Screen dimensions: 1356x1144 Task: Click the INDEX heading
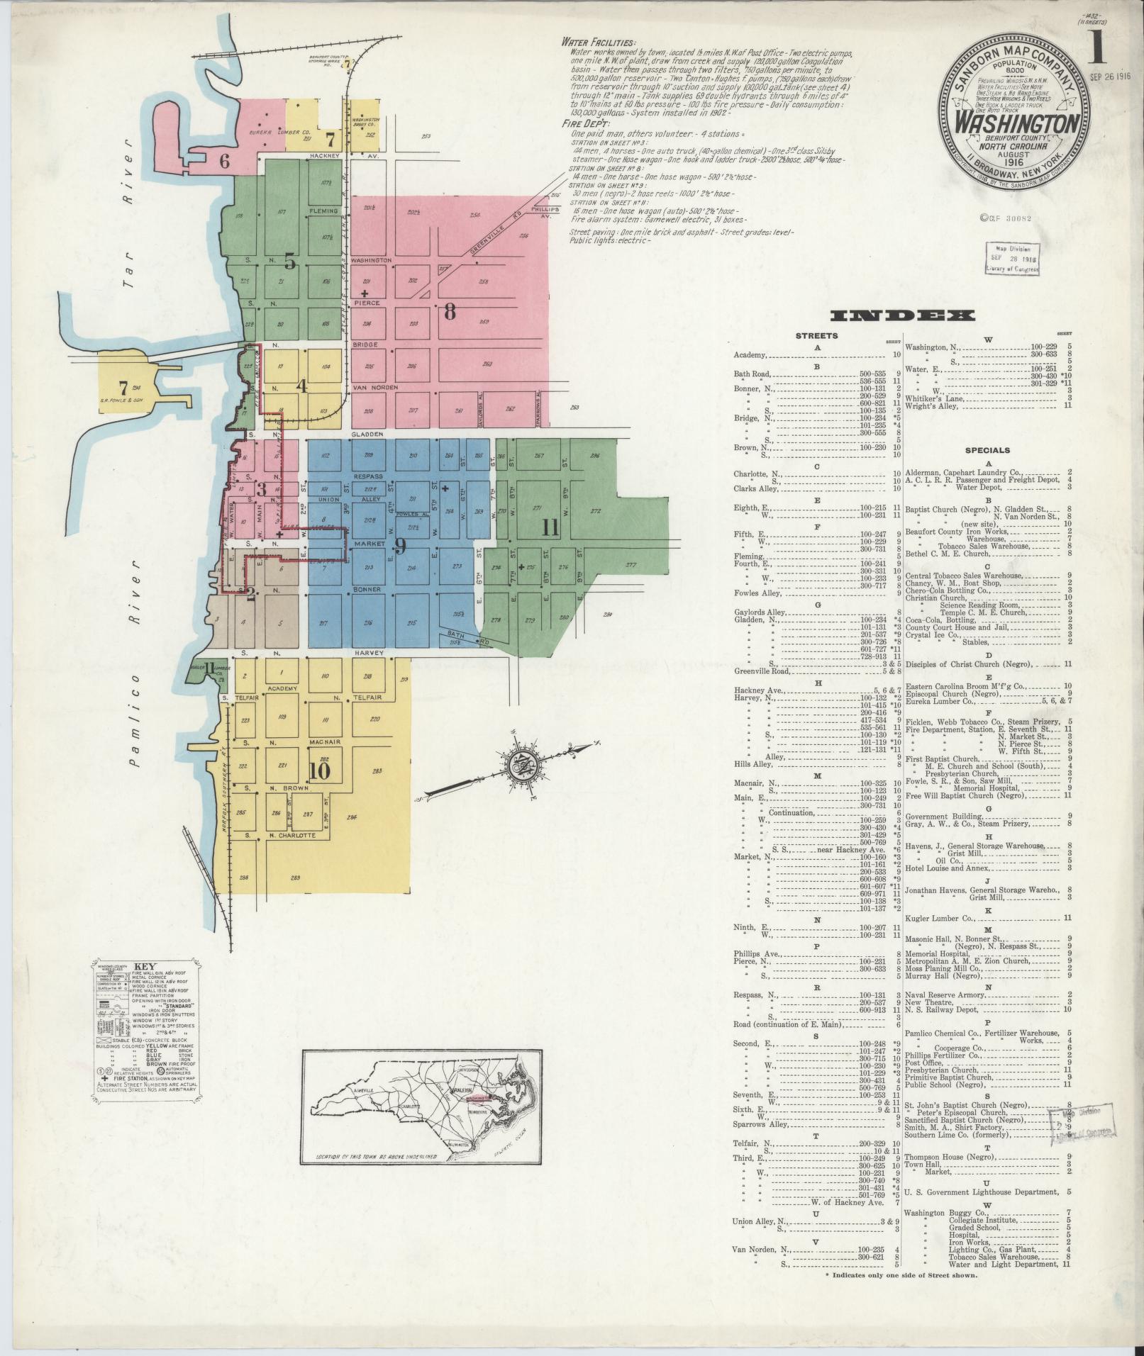point(904,315)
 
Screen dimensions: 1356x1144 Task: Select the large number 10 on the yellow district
point(320,771)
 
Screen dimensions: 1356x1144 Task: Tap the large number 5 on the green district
point(289,262)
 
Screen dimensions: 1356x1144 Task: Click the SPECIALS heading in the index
point(987,450)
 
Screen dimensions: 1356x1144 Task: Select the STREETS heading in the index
point(817,335)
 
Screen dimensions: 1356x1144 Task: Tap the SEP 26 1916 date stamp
point(1110,75)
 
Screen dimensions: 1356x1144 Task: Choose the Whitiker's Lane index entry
point(931,398)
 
